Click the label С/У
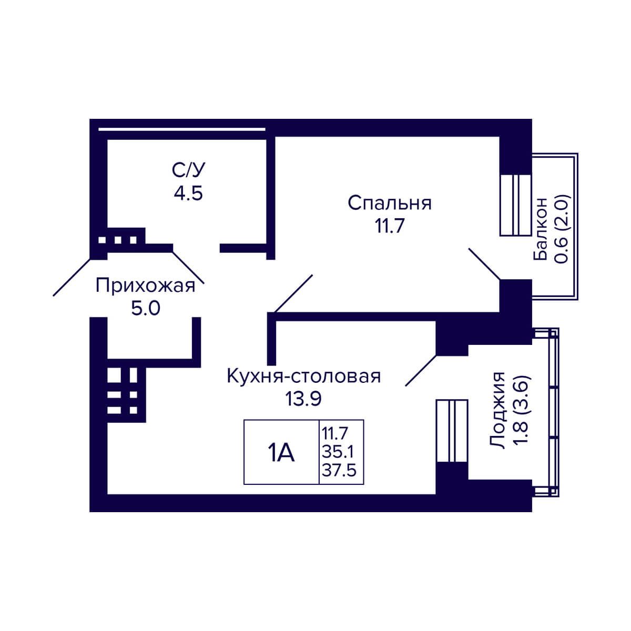[x=188, y=170]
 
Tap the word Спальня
[x=390, y=203]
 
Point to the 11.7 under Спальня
[x=390, y=226]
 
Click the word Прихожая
[x=145, y=286]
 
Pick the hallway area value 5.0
[x=146, y=309]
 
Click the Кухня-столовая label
[x=304, y=376]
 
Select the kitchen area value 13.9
[x=303, y=399]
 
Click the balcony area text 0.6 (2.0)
[x=563, y=229]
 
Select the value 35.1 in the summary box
[x=338, y=453]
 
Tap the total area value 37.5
[x=339, y=471]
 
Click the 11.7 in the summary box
[x=334, y=434]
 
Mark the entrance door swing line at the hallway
[x=72, y=277]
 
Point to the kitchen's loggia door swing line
[x=421, y=370]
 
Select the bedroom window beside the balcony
[x=516, y=205]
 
